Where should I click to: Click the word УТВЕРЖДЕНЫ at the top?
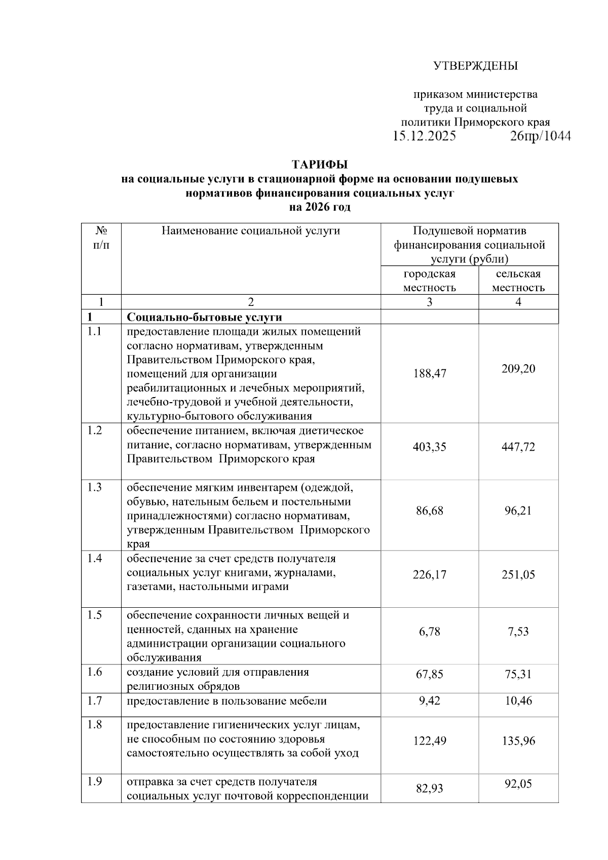point(475,66)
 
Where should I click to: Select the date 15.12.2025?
point(424,136)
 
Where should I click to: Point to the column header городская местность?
point(429,281)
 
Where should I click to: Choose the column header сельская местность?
point(518,281)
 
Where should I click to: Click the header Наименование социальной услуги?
point(250,231)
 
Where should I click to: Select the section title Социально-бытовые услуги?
point(204,317)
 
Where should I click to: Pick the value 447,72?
point(518,447)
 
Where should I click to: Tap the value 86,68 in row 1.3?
point(429,511)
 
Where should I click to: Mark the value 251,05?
point(518,574)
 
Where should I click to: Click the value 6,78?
point(429,632)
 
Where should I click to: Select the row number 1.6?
point(94,672)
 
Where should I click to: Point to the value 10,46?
point(518,701)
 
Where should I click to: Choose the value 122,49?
point(429,740)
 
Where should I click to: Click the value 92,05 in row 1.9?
point(518,784)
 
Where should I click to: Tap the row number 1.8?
point(94,725)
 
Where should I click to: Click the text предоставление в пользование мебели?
point(226,701)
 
